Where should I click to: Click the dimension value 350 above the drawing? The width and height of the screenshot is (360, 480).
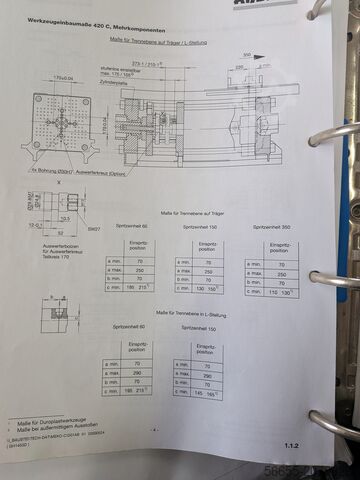[246, 56]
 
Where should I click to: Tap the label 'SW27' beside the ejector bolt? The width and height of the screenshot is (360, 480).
[93, 229]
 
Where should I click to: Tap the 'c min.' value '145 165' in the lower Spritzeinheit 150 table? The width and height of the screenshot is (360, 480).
[206, 393]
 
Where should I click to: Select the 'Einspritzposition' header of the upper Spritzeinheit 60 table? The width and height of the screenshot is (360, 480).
[139, 247]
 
